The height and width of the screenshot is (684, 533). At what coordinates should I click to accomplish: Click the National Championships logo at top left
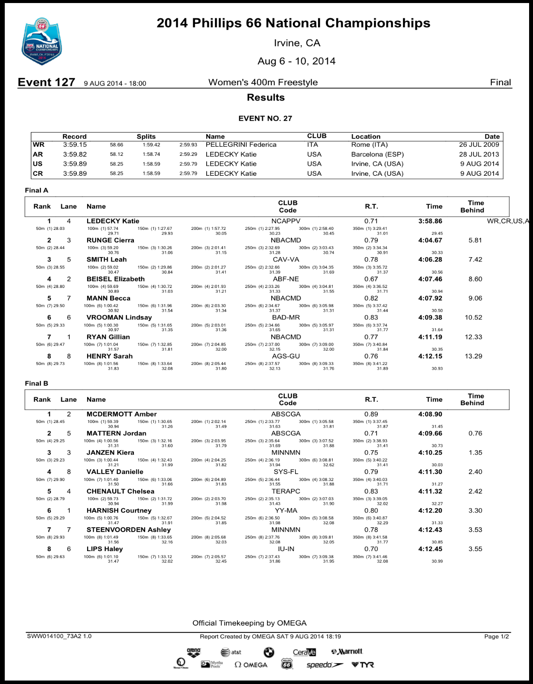click(x=42, y=42)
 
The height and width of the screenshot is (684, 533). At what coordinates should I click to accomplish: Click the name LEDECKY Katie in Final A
click(x=113, y=221)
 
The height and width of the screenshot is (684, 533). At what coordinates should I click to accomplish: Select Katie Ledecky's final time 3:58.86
click(x=430, y=221)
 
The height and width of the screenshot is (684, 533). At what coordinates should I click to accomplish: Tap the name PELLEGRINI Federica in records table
click(x=241, y=145)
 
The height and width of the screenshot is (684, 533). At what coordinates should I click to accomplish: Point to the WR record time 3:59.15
click(x=75, y=145)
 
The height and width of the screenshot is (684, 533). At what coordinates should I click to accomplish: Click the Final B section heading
click(x=36, y=383)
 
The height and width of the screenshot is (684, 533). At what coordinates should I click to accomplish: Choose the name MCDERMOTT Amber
click(x=121, y=414)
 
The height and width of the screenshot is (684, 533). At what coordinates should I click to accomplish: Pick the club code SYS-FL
click(x=286, y=472)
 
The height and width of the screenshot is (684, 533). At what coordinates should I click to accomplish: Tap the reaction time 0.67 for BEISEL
click(x=371, y=279)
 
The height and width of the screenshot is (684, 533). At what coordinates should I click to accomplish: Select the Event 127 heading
click(x=46, y=82)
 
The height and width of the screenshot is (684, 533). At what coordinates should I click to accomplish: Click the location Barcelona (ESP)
click(x=377, y=155)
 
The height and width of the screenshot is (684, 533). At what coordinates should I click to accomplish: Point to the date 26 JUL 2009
click(x=479, y=145)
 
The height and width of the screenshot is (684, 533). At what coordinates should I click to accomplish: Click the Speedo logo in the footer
click(x=324, y=665)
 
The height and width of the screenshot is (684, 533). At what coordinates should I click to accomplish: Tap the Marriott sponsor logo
click(x=347, y=652)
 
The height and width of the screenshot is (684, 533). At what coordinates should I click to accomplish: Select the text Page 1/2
click(x=497, y=636)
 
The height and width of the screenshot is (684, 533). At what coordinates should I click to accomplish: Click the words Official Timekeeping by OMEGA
click(x=249, y=623)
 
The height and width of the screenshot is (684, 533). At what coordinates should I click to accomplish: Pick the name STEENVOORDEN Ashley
click(x=128, y=530)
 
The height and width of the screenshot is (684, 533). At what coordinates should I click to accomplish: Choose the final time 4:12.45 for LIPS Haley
click(x=430, y=549)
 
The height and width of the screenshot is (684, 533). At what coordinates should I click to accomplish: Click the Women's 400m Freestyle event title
click(x=263, y=82)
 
